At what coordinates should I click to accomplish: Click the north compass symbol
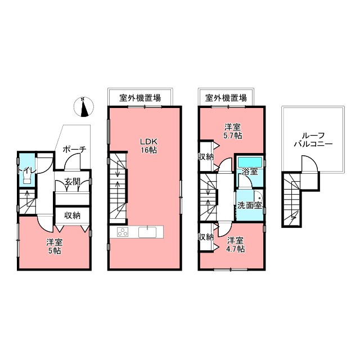[x=83, y=107]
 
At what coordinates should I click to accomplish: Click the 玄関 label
[x=72, y=181]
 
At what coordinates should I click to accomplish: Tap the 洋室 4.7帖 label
[x=236, y=245]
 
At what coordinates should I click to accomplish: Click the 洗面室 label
[x=249, y=205]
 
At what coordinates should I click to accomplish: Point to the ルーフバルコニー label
[x=313, y=139]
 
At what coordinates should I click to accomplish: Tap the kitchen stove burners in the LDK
[x=123, y=232]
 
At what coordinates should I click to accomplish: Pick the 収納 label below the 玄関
[x=72, y=215]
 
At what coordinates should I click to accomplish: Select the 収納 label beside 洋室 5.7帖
[x=206, y=157]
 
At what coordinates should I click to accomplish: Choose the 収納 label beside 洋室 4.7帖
[x=206, y=237]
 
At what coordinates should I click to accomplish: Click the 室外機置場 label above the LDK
[x=139, y=98]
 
